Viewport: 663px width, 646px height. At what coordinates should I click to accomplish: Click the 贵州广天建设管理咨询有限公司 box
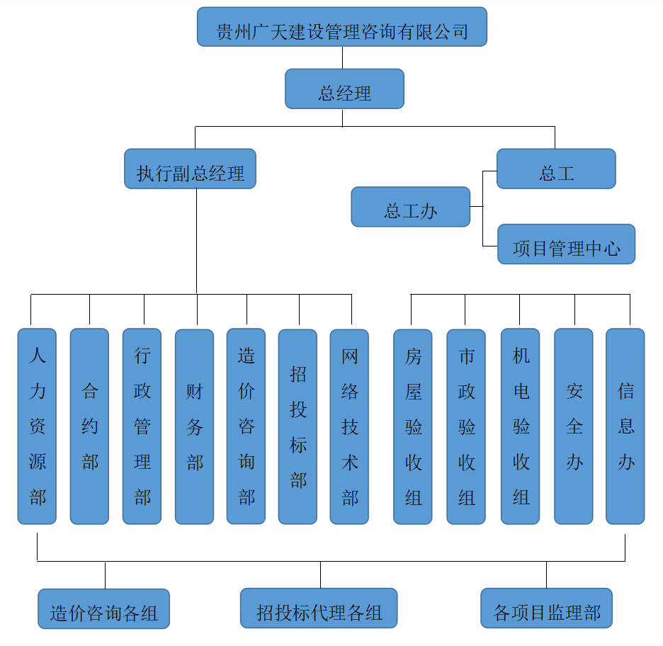click(342, 27)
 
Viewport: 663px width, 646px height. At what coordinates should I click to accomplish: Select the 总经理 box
click(344, 89)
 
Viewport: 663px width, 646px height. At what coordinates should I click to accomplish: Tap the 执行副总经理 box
click(190, 169)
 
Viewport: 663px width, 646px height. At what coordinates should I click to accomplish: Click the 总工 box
click(556, 169)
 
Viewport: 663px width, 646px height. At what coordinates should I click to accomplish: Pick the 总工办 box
click(411, 207)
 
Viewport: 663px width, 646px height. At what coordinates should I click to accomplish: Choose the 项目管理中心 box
click(566, 244)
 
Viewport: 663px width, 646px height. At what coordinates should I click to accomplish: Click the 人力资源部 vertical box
click(37, 426)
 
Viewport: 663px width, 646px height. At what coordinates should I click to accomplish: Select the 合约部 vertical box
click(89, 426)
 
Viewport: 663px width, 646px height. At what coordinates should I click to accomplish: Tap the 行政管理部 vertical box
click(142, 426)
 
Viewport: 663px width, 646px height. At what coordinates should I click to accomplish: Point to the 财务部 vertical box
click(194, 426)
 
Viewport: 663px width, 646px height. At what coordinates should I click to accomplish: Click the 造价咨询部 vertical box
click(246, 426)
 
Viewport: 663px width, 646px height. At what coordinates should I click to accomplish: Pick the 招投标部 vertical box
click(297, 426)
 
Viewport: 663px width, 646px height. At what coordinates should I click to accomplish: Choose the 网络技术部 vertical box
click(349, 426)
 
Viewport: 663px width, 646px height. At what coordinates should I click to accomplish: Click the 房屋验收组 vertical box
click(413, 426)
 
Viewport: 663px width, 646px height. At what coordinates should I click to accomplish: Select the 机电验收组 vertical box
click(520, 426)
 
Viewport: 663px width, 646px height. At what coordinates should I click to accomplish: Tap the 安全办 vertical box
click(573, 426)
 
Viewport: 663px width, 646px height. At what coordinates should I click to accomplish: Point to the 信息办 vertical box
click(625, 426)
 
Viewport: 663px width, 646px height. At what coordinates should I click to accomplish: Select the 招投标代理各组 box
click(319, 608)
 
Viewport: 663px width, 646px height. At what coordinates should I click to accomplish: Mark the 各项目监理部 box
click(546, 608)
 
